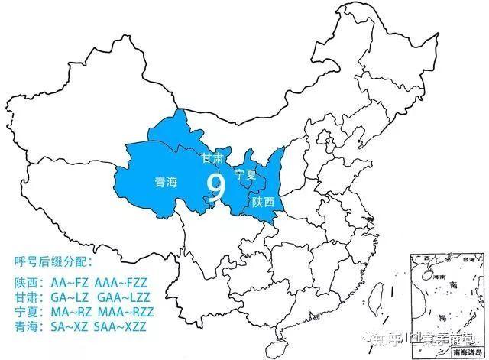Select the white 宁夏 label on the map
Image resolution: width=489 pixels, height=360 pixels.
click(245, 174)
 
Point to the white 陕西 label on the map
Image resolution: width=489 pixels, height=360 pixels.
click(263, 202)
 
